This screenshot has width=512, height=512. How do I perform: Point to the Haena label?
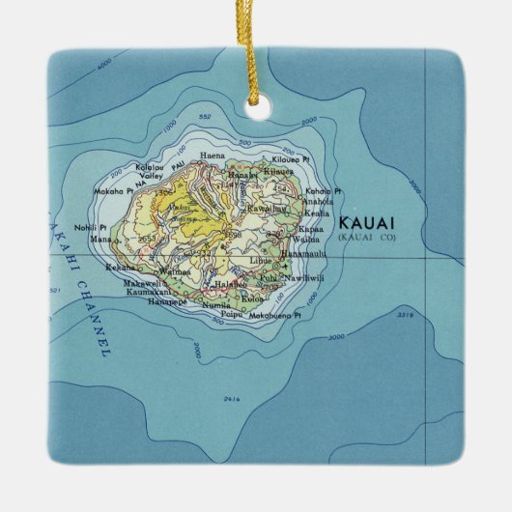coord(212,155)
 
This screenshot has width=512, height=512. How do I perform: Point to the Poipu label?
coord(233,314)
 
